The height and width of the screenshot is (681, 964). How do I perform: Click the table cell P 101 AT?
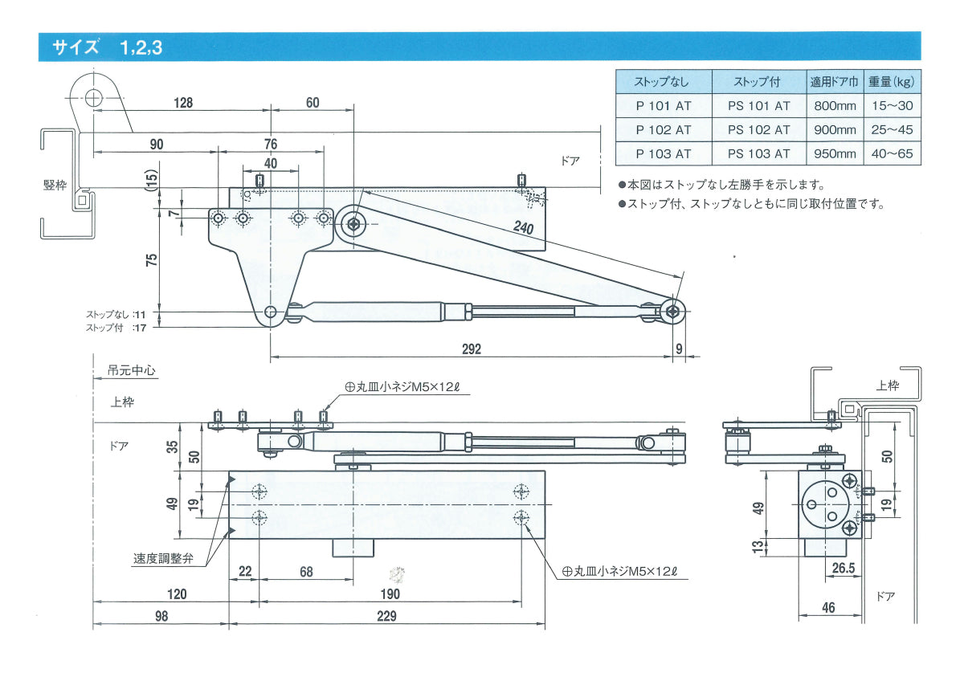click(x=663, y=105)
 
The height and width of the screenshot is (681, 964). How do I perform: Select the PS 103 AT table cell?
click(x=758, y=153)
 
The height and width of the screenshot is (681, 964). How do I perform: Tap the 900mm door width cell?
click(x=834, y=129)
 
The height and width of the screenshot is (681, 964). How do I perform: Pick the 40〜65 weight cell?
click(x=893, y=153)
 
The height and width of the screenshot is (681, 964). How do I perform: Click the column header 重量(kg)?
click(x=893, y=82)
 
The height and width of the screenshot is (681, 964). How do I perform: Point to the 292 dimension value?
click(x=471, y=349)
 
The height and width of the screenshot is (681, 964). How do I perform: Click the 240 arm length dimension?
click(x=524, y=228)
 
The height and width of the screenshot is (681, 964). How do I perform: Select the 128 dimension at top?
click(x=182, y=103)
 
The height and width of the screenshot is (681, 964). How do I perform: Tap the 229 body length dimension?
click(x=386, y=617)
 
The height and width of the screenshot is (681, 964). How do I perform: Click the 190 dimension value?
click(x=390, y=594)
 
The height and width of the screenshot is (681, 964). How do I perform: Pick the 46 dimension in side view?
click(x=828, y=608)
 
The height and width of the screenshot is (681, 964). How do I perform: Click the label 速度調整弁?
click(x=163, y=559)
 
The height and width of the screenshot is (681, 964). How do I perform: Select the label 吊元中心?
click(x=132, y=372)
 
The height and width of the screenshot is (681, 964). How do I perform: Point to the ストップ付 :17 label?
click(x=116, y=327)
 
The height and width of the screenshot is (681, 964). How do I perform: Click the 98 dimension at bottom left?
click(x=161, y=617)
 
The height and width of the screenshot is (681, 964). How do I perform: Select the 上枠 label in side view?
click(x=888, y=385)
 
